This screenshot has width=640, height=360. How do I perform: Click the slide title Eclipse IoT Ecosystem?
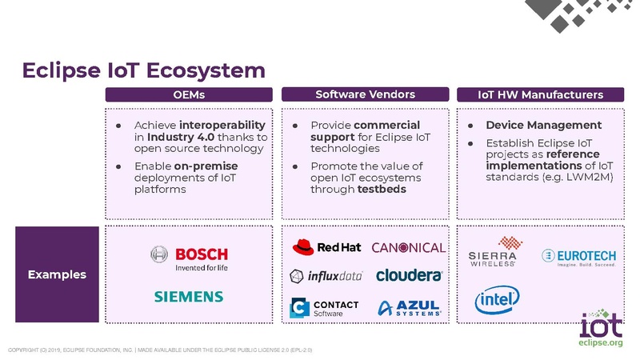click(x=143, y=71)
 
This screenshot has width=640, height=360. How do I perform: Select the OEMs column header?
click(x=189, y=95)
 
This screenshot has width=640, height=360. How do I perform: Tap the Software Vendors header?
click(x=365, y=95)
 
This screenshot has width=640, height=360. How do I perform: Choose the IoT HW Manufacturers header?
click(x=540, y=95)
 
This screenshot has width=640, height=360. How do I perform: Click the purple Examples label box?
click(x=57, y=274)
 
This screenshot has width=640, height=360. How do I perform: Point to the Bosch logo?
click(x=190, y=258)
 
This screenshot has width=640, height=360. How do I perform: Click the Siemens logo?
click(x=189, y=297)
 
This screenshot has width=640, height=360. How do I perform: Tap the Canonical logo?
click(x=408, y=247)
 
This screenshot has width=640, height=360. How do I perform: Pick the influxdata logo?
click(x=326, y=276)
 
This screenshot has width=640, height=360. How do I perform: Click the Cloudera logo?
click(x=409, y=276)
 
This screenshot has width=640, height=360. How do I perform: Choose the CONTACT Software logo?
click(x=325, y=309)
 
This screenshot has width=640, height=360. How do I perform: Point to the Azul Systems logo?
click(x=409, y=309)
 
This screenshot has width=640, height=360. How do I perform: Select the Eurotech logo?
click(x=580, y=257)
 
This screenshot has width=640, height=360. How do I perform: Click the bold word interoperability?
click(x=222, y=126)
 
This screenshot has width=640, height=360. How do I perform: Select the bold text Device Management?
click(x=543, y=126)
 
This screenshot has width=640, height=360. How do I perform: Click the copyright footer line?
click(x=160, y=350)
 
